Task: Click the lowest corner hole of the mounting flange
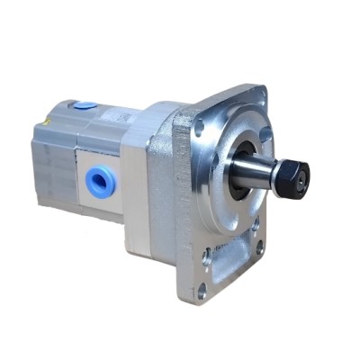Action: [202, 289]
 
